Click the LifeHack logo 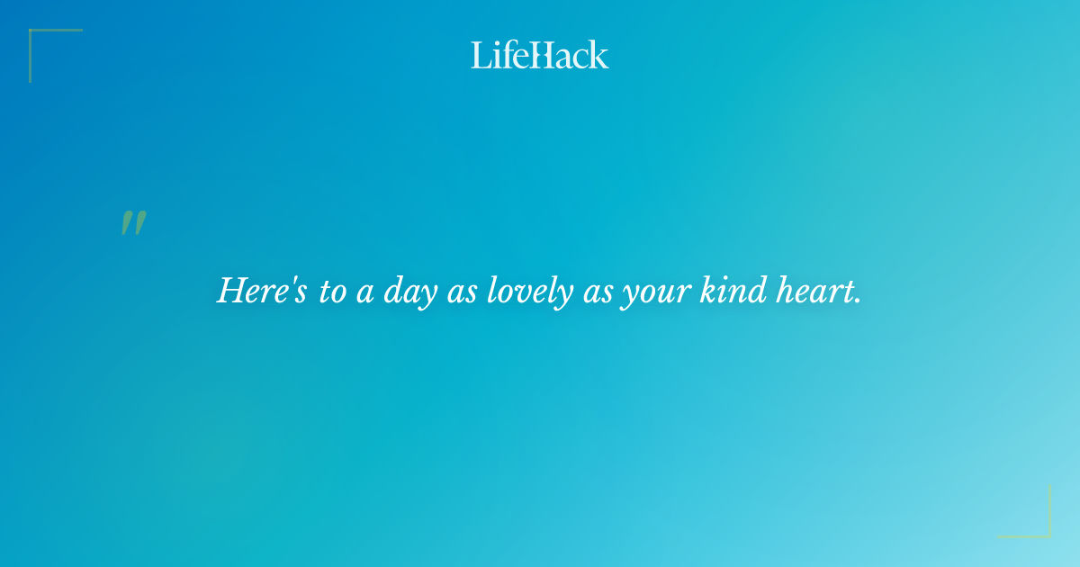[x=540, y=55]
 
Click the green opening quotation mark [x=133, y=223]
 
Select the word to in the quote [x=332, y=293]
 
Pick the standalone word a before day [x=365, y=295]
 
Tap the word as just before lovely [x=460, y=295]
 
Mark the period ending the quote [x=857, y=301]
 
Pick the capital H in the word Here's [x=231, y=291]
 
